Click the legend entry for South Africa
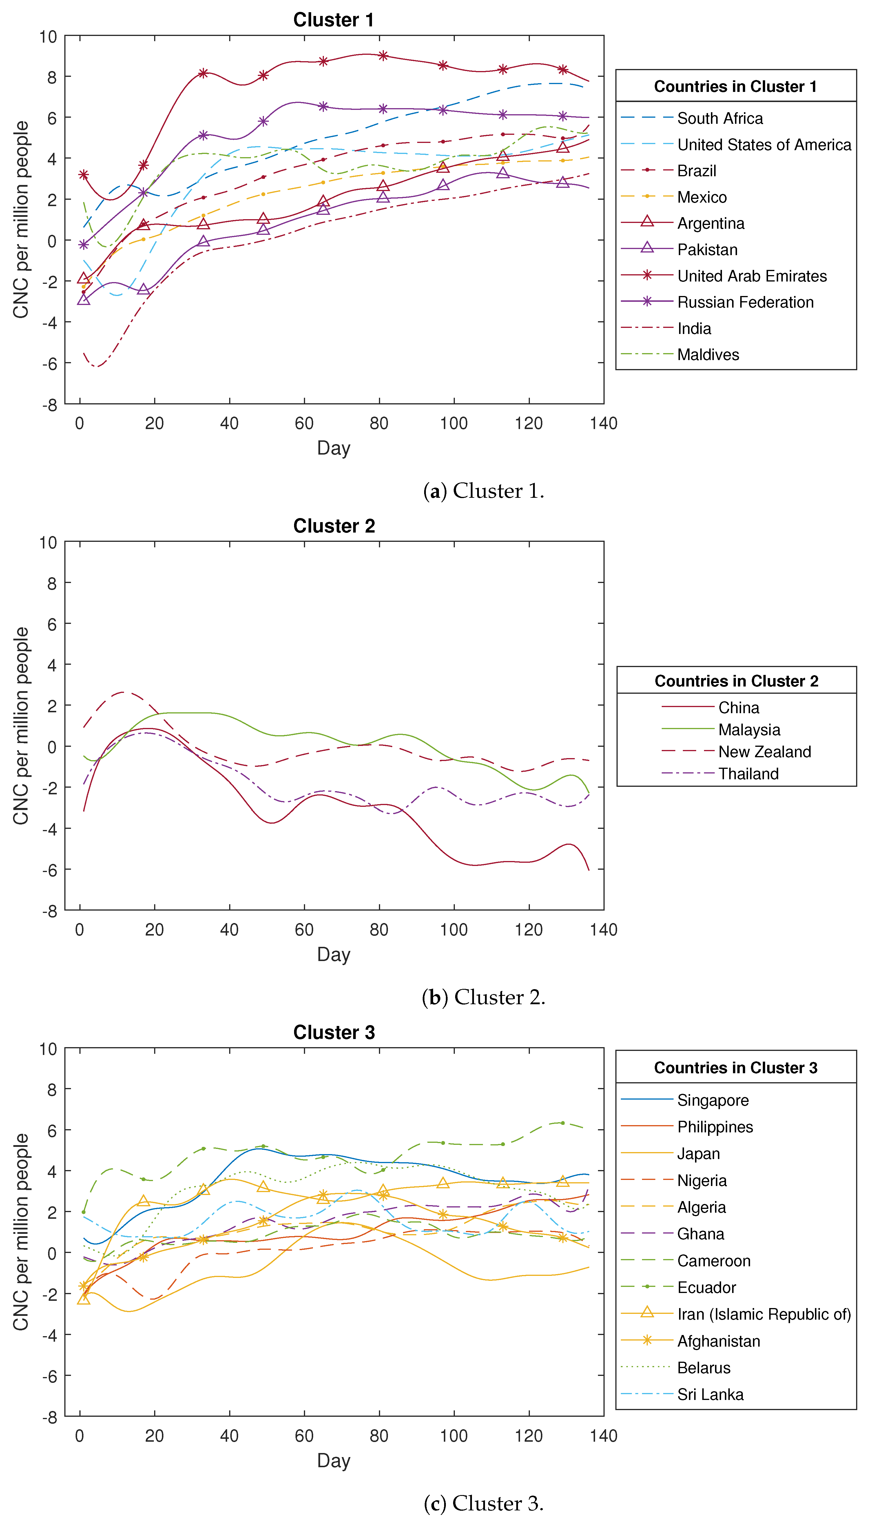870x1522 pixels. click(x=719, y=118)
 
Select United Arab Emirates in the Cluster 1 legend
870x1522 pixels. click(x=752, y=276)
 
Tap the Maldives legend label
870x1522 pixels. click(x=708, y=355)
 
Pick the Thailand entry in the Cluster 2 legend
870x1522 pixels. click(x=748, y=774)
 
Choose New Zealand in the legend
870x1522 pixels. click(x=764, y=752)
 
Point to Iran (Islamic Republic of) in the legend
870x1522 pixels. click(x=764, y=1314)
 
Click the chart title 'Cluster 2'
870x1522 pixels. click(x=334, y=526)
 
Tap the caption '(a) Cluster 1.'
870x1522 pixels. click(x=484, y=491)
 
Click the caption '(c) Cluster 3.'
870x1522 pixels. click(x=484, y=1503)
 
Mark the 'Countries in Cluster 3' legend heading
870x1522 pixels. click(x=736, y=1068)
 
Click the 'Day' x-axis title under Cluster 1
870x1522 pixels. click(x=333, y=448)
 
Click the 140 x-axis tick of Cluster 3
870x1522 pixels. click(x=603, y=1436)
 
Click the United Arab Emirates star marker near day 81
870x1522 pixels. click(x=383, y=56)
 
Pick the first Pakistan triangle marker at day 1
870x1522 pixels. click(x=84, y=299)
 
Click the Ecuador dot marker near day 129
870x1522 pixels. click(x=562, y=1123)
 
